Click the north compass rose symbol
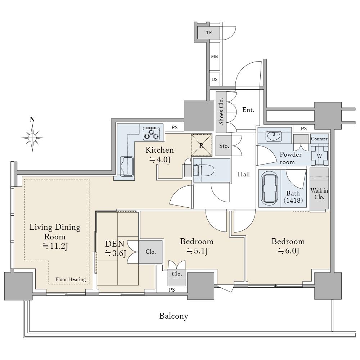32,138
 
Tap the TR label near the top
209,33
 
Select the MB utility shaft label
214,57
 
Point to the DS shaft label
215,80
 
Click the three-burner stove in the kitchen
151,133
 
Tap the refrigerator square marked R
202,145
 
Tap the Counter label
319,139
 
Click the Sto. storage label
224,146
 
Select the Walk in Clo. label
319,194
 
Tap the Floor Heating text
71,279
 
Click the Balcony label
174,316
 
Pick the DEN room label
115,244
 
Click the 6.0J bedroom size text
288,251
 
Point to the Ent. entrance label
248,110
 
